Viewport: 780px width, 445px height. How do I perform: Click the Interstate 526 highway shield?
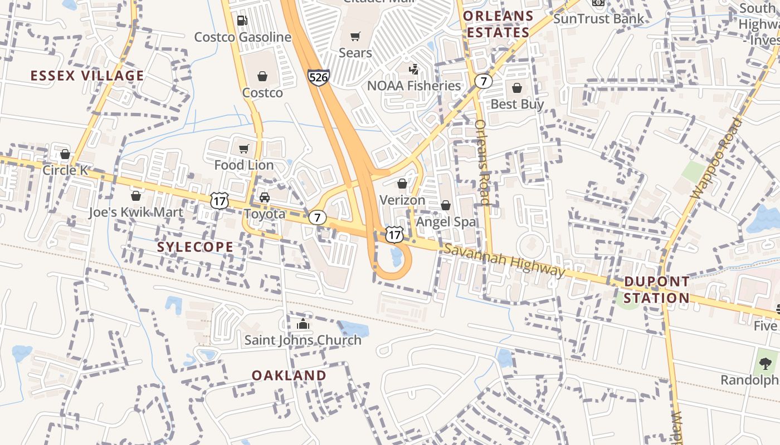point(318,77)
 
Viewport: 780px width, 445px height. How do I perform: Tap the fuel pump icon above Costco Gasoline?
point(242,21)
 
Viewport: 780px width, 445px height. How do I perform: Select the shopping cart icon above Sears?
point(355,37)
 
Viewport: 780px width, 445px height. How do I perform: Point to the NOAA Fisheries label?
point(414,86)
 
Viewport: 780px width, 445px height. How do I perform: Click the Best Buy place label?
point(517,104)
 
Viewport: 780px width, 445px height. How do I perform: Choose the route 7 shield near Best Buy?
point(483,81)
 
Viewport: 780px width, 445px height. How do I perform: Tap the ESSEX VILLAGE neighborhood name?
point(87,76)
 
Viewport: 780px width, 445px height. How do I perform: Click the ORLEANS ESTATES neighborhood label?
point(498,24)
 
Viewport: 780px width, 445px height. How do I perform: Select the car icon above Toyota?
point(265,197)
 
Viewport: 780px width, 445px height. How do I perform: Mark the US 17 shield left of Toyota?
point(220,201)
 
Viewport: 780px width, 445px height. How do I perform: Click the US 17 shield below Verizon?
point(394,234)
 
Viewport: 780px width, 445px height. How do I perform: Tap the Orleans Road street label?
point(482,162)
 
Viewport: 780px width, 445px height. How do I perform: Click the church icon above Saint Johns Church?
point(303,324)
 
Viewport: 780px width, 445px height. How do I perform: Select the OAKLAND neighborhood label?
point(289,375)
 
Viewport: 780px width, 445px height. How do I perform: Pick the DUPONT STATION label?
point(656,289)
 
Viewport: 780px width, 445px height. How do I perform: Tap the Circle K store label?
point(65,170)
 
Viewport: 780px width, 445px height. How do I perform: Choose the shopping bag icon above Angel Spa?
point(446,206)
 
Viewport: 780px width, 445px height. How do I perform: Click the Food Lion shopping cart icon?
point(243,149)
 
